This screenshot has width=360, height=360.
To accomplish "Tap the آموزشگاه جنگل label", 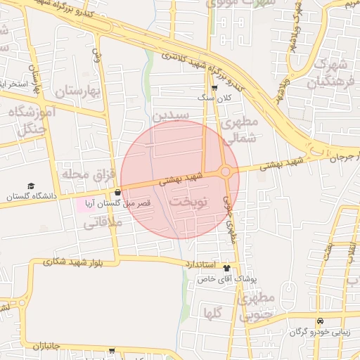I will (27, 120).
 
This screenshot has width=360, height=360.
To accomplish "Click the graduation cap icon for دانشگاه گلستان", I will (31, 186).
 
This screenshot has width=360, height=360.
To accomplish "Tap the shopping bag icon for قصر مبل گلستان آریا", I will (117, 193).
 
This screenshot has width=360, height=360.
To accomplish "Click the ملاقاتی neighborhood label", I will (103, 223).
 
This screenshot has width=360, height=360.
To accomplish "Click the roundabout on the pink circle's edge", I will (226, 171).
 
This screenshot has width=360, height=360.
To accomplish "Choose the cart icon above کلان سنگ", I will (214, 88).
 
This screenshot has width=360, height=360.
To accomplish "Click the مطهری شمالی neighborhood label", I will (239, 130).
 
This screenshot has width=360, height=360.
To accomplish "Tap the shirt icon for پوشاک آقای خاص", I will (226, 268).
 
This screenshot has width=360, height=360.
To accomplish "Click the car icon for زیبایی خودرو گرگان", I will (320, 321).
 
